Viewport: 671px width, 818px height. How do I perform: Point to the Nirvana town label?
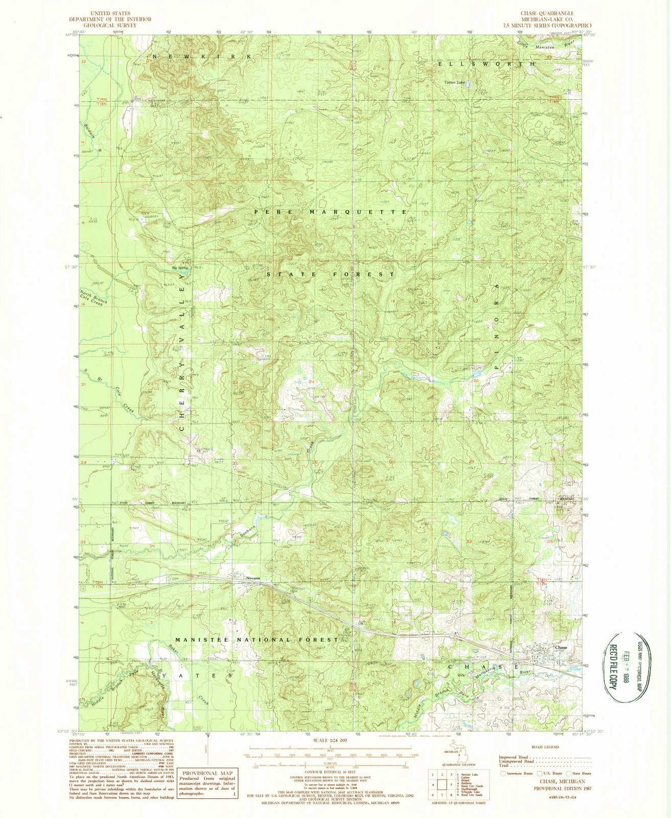coord(253,578)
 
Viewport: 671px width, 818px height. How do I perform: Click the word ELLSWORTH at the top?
coord(486,64)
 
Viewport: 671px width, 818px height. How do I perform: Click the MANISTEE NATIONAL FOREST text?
coord(257,640)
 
